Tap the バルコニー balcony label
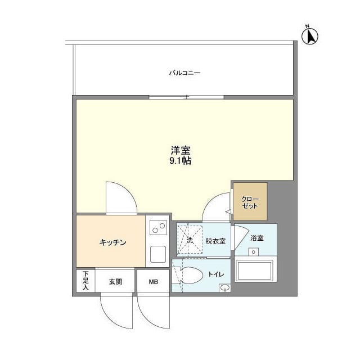[185, 73]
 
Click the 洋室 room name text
[181, 150]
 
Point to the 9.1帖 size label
[181, 161]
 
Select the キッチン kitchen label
[112, 242]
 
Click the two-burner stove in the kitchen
[159, 227]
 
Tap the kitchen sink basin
[158, 254]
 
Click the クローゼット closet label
[250, 202]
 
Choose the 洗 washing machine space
[190, 240]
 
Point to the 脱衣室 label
[215, 241]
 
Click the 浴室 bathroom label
[257, 238]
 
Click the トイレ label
[216, 274]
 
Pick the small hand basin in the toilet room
[225, 288]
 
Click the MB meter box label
[154, 282]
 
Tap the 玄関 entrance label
[115, 282]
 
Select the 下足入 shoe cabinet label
[85, 280]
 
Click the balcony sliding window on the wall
[186, 97]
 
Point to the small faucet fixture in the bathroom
[254, 252]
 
